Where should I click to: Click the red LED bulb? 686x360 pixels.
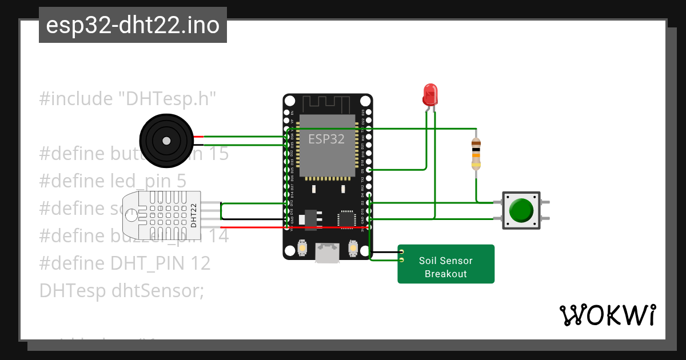tap(429, 94)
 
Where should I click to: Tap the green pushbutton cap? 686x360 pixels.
tap(520, 210)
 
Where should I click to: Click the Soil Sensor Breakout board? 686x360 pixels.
tap(446, 264)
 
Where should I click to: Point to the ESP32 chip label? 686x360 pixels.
tap(326, 139)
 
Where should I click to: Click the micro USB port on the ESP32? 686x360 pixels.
tap(327, 252)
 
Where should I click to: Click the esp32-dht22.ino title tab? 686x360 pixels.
tap(133, 25)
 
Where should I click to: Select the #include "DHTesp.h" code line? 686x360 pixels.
tap(128, 99)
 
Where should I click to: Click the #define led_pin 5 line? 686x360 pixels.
tap(113, 181)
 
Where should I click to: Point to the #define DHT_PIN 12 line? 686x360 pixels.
tap(125, 263)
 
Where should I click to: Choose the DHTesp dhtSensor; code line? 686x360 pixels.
tap(121, 290)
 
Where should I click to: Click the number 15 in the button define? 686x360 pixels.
tap(218, 154)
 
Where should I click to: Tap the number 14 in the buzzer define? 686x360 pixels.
tap(218, 235)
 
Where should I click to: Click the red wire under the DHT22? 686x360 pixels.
tap(252, 227)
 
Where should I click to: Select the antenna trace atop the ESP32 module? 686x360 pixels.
tap(326, 105)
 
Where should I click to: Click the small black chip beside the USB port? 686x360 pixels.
tap(346, 219)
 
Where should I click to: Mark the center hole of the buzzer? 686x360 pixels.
tap(166, 141)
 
